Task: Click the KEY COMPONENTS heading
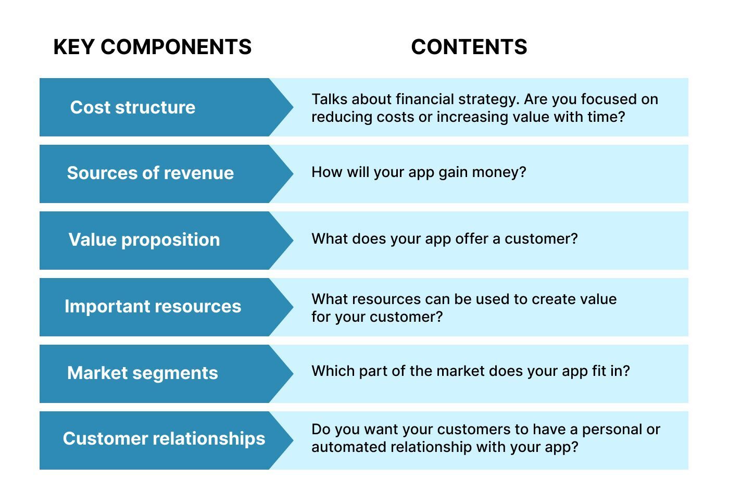tap(152, 47)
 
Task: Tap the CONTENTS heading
tap(469, 47)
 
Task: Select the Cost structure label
tap(133, 107)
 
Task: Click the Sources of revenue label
tap(150, 173)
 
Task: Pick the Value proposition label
tap(144, 240)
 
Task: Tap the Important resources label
tap(153, 306)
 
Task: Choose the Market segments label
tap(143, 373)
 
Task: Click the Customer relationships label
tap(164, 438)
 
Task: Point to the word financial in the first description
tap(425, 99)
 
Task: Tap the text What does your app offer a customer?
tap(445, 239)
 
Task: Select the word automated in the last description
tap(349, 447)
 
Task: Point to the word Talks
tap(329, 99)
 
